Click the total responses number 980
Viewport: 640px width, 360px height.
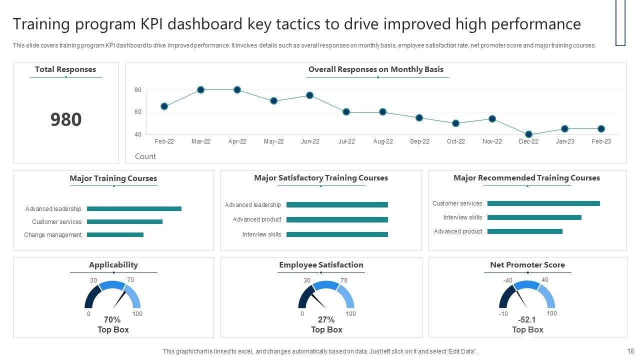[x=66, y=119]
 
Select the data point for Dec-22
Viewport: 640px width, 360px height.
[x=528, y=134]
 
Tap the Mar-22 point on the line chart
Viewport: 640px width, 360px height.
[x=200, y=90]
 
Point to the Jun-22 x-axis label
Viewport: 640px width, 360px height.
[x=310, y=141]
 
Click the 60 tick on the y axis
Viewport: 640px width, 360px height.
[x=138, y=112]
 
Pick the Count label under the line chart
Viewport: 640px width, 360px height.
[x=145, y=156]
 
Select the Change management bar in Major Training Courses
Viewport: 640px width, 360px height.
[x=115, y=235]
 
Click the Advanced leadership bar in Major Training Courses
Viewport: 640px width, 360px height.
[x=134, y=209]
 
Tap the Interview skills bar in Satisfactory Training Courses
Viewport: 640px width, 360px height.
[x=337, y=234]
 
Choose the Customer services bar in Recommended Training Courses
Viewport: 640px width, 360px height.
[x=543, y=203]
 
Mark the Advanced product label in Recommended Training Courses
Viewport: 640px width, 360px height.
[x=458, y=231]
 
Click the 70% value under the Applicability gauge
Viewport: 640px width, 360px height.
[x=112, y=320]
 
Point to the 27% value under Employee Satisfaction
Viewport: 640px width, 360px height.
[x=326, y=320]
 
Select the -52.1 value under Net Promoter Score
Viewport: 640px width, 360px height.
[x=527, y=320]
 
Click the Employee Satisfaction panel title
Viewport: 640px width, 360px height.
[x=321, y=265]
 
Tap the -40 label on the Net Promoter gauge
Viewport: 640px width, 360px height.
[x=507, y=280]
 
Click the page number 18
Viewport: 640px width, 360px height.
[x=630, y=351]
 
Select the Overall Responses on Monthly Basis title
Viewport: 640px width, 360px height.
[x=376, y=69]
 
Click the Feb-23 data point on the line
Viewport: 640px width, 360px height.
[x=601, y=129]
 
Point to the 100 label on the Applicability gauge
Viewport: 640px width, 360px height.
[x=137, y=314]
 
